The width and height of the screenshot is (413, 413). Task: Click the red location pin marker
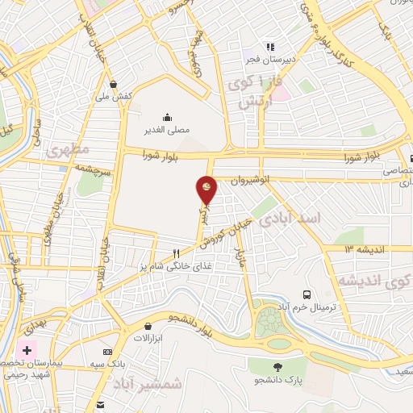(207, 190)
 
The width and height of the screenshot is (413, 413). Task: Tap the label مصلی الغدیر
(165, 128)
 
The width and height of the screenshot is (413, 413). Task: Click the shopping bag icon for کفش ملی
(114, 84)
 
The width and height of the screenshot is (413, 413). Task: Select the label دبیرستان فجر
(271, 60)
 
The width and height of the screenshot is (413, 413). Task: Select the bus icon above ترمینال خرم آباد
(307, 295)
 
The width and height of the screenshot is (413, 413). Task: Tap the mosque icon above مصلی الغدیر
(166, 116)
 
